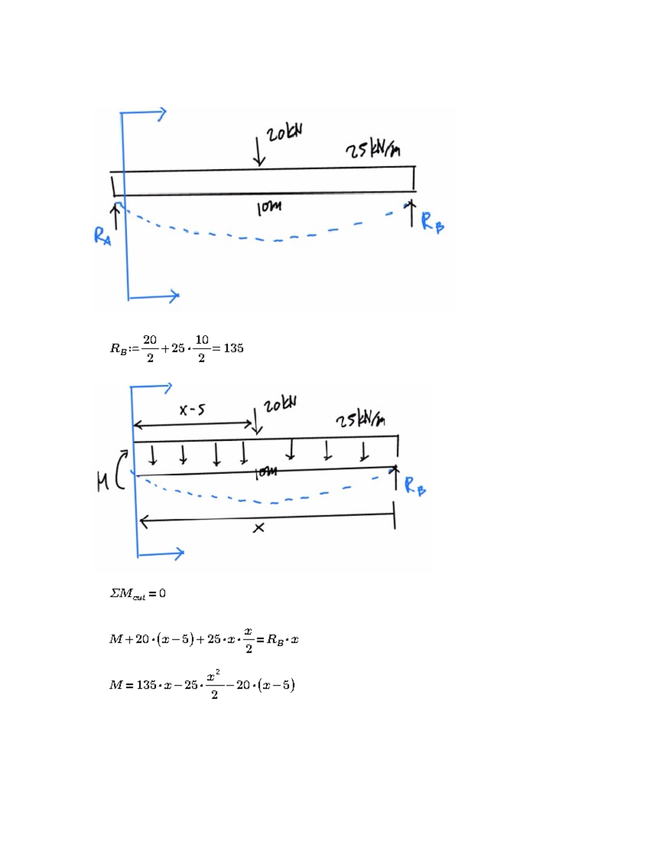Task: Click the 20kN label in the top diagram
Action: tap(284, 132)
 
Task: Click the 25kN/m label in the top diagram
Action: tap(373, 149)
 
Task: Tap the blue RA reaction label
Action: tap(102, 236)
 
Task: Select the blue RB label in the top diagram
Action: tap(432, 222)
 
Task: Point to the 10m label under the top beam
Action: tap(269, 208)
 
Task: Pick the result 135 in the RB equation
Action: tap(233, 349)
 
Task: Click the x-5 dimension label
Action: tap(192, 410)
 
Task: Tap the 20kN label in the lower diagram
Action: tap(280, 404)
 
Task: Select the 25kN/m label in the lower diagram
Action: tap(361, 420)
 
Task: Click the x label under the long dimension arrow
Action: tap(259, 528)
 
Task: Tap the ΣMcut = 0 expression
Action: tap(138, 594)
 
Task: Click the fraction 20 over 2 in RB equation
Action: tap(150, 349)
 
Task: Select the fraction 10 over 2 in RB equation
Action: tap(201, 349)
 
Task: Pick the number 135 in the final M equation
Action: tap(146, 685)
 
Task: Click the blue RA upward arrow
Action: tap(115, 217)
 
